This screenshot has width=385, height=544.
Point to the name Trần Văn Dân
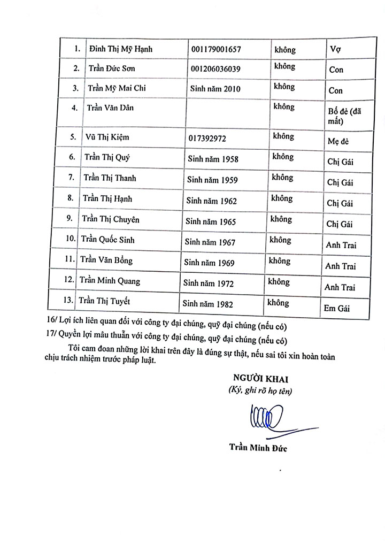[111, 108]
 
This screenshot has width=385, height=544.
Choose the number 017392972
[207, 138]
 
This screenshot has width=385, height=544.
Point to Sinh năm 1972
[209, 283]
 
